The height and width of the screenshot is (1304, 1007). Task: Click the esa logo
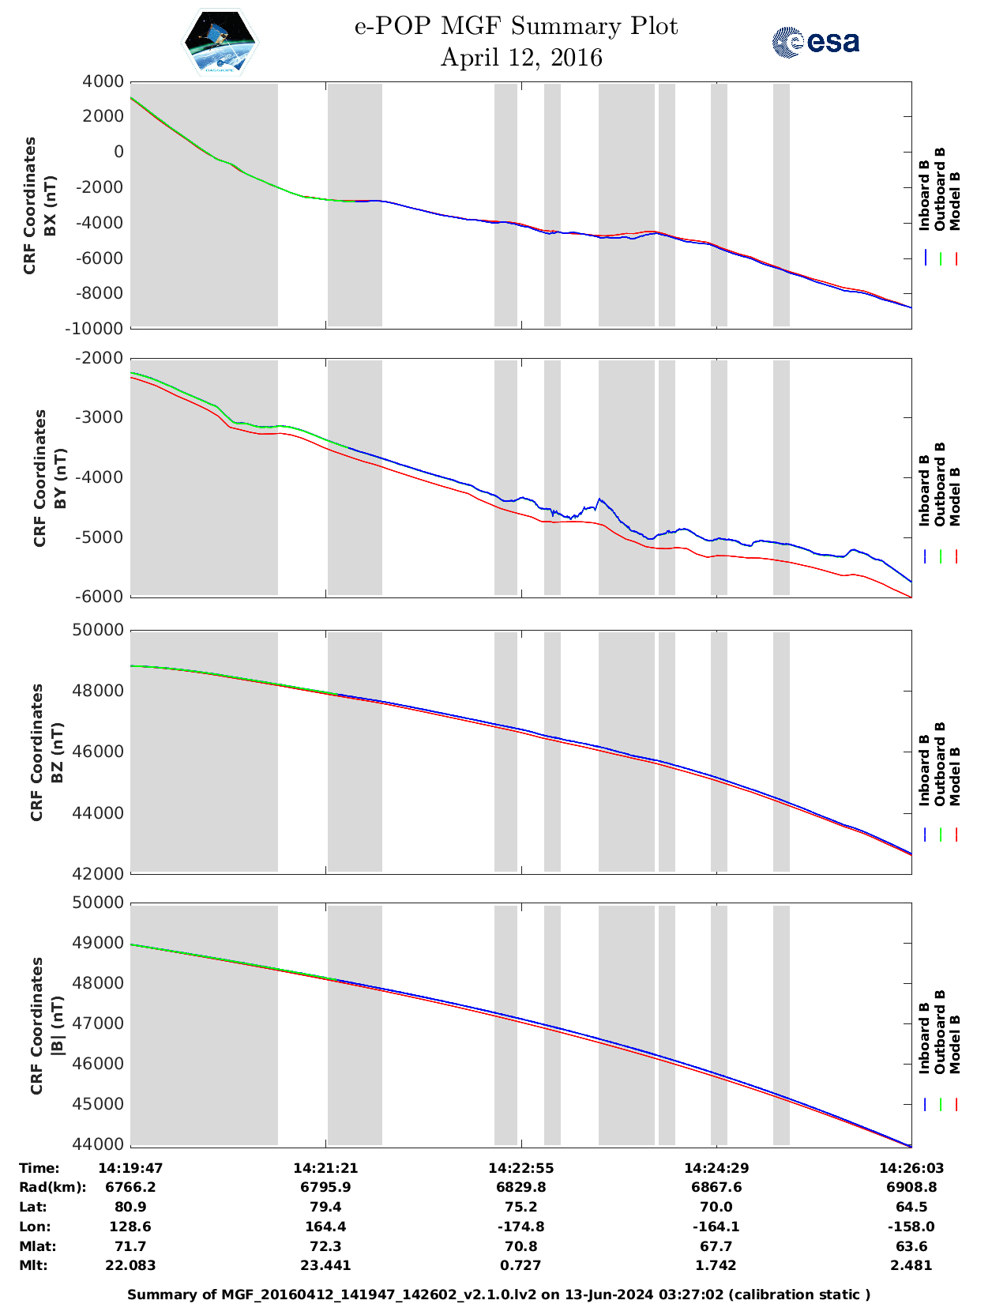point(815,42)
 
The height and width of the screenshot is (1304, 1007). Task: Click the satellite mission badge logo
point(220,42)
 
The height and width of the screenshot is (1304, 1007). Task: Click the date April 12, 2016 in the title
point(520,58)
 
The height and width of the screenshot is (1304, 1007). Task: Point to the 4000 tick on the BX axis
point(103,81)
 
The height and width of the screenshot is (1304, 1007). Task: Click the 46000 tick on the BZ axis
point(100,752)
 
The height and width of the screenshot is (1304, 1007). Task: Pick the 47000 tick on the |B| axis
point(100,1023)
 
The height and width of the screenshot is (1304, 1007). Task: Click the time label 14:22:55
point(520,1168)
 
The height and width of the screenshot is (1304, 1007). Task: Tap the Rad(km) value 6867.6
point(716,1187)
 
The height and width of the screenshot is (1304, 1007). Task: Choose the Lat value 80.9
point(130,1207)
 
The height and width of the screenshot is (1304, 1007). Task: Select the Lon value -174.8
point(520,1227)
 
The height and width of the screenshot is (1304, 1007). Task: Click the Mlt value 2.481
point(911,1265)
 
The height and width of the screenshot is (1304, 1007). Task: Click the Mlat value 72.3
point(325,1246)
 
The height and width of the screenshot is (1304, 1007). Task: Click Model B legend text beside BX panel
point(955,201)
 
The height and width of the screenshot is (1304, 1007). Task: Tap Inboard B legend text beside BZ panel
point(924,771)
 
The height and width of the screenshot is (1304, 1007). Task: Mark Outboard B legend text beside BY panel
point(940,484)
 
